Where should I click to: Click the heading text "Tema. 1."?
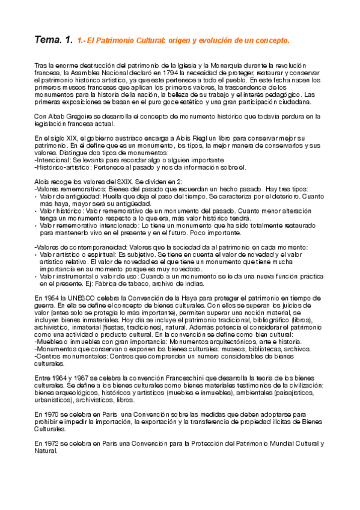[53, 40]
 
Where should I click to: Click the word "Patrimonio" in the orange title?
[118, 41]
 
